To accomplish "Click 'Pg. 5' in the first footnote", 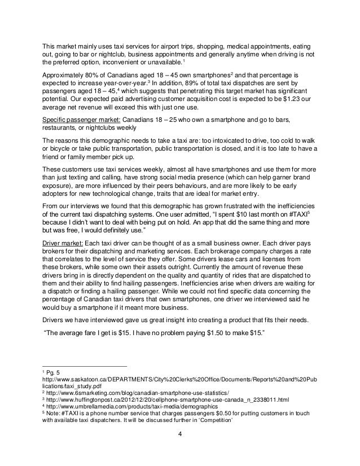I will pyautogui.click(x=54, y=371).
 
